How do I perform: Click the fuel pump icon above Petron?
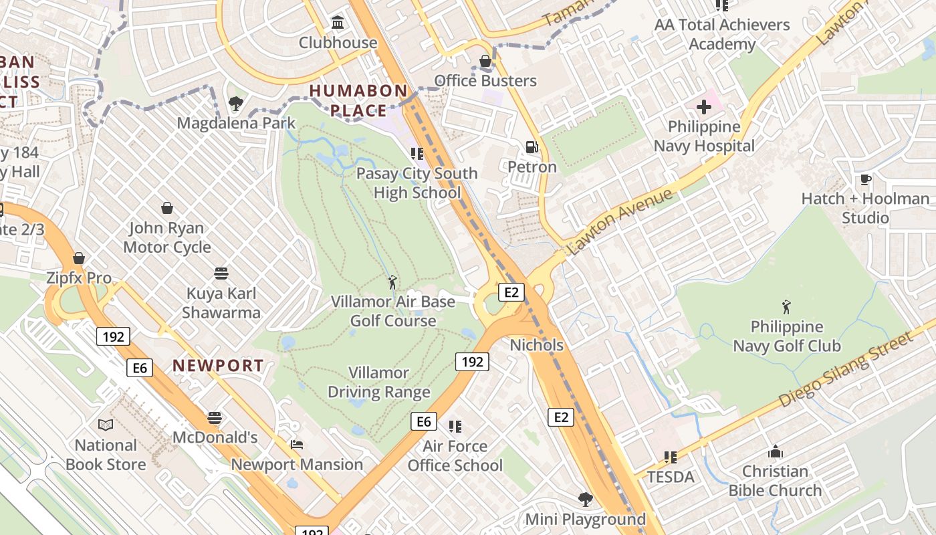[532, 147]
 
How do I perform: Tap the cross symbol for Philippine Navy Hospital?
[704, 107]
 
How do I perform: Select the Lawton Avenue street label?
[619, 223]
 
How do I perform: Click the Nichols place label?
[536, 345]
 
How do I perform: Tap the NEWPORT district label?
[218, 365]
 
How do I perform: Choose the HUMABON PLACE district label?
[358, 100]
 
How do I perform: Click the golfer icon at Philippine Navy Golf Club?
[786, 307]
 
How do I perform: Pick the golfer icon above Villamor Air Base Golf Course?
[392, 282]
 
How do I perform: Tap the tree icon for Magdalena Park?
[235, 104]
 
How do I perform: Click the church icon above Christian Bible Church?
[775, 451]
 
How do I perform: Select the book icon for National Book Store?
[106, 425]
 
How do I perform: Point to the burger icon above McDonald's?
[215, 418]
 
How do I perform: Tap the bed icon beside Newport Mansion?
[297, 444]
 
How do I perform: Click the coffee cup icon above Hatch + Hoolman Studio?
[865, 179]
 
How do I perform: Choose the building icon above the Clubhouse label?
[338, 23]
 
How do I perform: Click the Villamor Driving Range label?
[378, 382]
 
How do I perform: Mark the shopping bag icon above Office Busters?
[485, 62]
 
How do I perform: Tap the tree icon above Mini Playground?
[585, 499]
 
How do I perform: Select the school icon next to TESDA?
[671, 457]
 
